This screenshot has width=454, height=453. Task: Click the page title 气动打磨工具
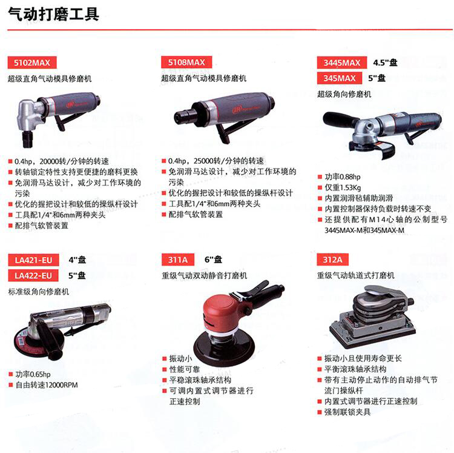click(53, 14)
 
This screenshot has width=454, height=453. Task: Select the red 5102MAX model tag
click(32, 62)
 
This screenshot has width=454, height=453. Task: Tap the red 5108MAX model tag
click(186, 62)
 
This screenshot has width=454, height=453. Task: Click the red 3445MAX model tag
click(342, 62)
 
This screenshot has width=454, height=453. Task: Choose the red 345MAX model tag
click(340, 78)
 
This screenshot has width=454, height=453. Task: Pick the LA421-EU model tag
click(33, 260)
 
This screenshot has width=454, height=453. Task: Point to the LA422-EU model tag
click(33, 275)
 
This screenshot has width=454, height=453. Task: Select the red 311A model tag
click(178, 260)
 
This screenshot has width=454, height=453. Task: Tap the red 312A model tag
click(333, 260)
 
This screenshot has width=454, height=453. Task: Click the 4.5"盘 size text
click(385, 62)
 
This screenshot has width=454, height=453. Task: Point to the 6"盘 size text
click(214, 260)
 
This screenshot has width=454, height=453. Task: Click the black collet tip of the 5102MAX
click(28, 139)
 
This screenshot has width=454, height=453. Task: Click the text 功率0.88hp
click(343, 177)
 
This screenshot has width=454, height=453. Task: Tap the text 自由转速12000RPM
click(47, 385)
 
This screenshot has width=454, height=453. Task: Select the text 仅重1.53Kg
click(343, 187)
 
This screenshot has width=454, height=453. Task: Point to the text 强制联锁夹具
click(347, 412)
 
